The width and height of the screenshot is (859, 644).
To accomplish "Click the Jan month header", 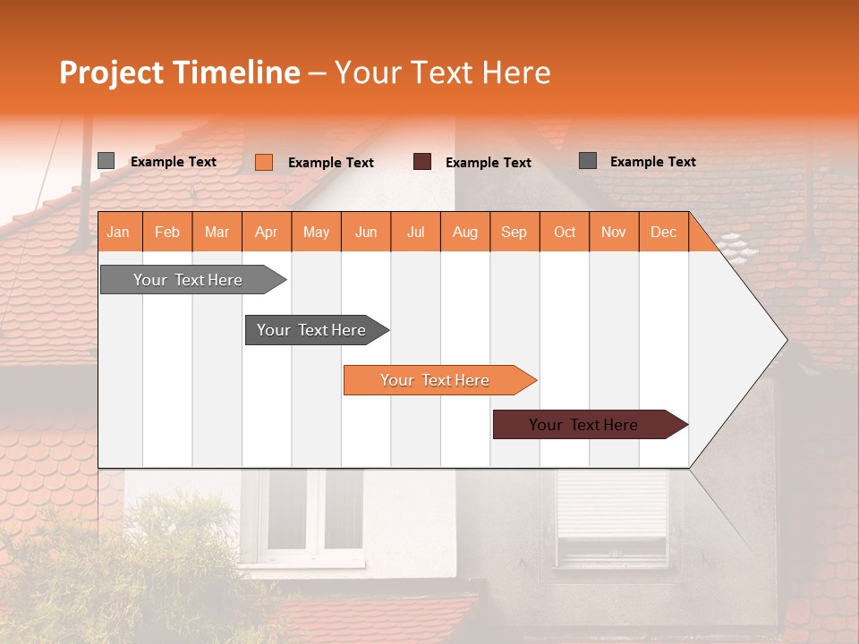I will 118,232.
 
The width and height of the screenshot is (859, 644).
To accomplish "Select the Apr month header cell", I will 267,232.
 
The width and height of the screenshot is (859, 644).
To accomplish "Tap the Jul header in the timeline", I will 415,232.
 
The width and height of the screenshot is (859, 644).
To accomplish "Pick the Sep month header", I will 514,232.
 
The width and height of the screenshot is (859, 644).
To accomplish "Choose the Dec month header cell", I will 663,232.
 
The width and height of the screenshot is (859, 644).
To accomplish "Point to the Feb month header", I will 167,232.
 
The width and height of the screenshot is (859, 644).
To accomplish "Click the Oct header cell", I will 565,232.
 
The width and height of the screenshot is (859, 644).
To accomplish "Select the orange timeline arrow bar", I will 435,380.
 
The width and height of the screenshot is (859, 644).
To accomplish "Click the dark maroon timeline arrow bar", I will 584,425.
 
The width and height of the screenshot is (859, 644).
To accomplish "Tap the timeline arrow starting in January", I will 188,280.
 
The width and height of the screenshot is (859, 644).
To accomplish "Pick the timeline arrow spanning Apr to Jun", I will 311,330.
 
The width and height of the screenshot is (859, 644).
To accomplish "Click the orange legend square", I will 264,162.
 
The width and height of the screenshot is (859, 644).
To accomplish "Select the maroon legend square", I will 422,162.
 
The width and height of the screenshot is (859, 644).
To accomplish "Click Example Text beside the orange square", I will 331,163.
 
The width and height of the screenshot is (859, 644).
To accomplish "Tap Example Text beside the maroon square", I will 489,163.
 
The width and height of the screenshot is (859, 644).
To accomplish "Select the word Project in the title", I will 111,72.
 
